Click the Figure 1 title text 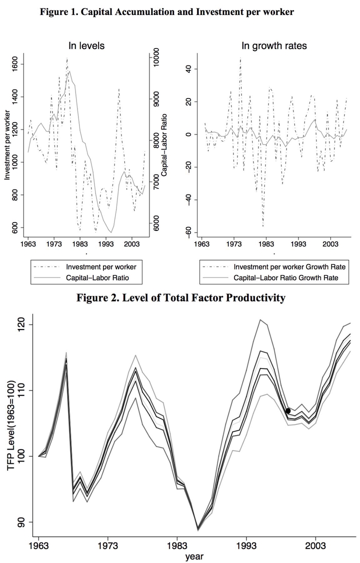coord(166,11)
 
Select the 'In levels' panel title coord(86,46)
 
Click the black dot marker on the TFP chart coord(288,411)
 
